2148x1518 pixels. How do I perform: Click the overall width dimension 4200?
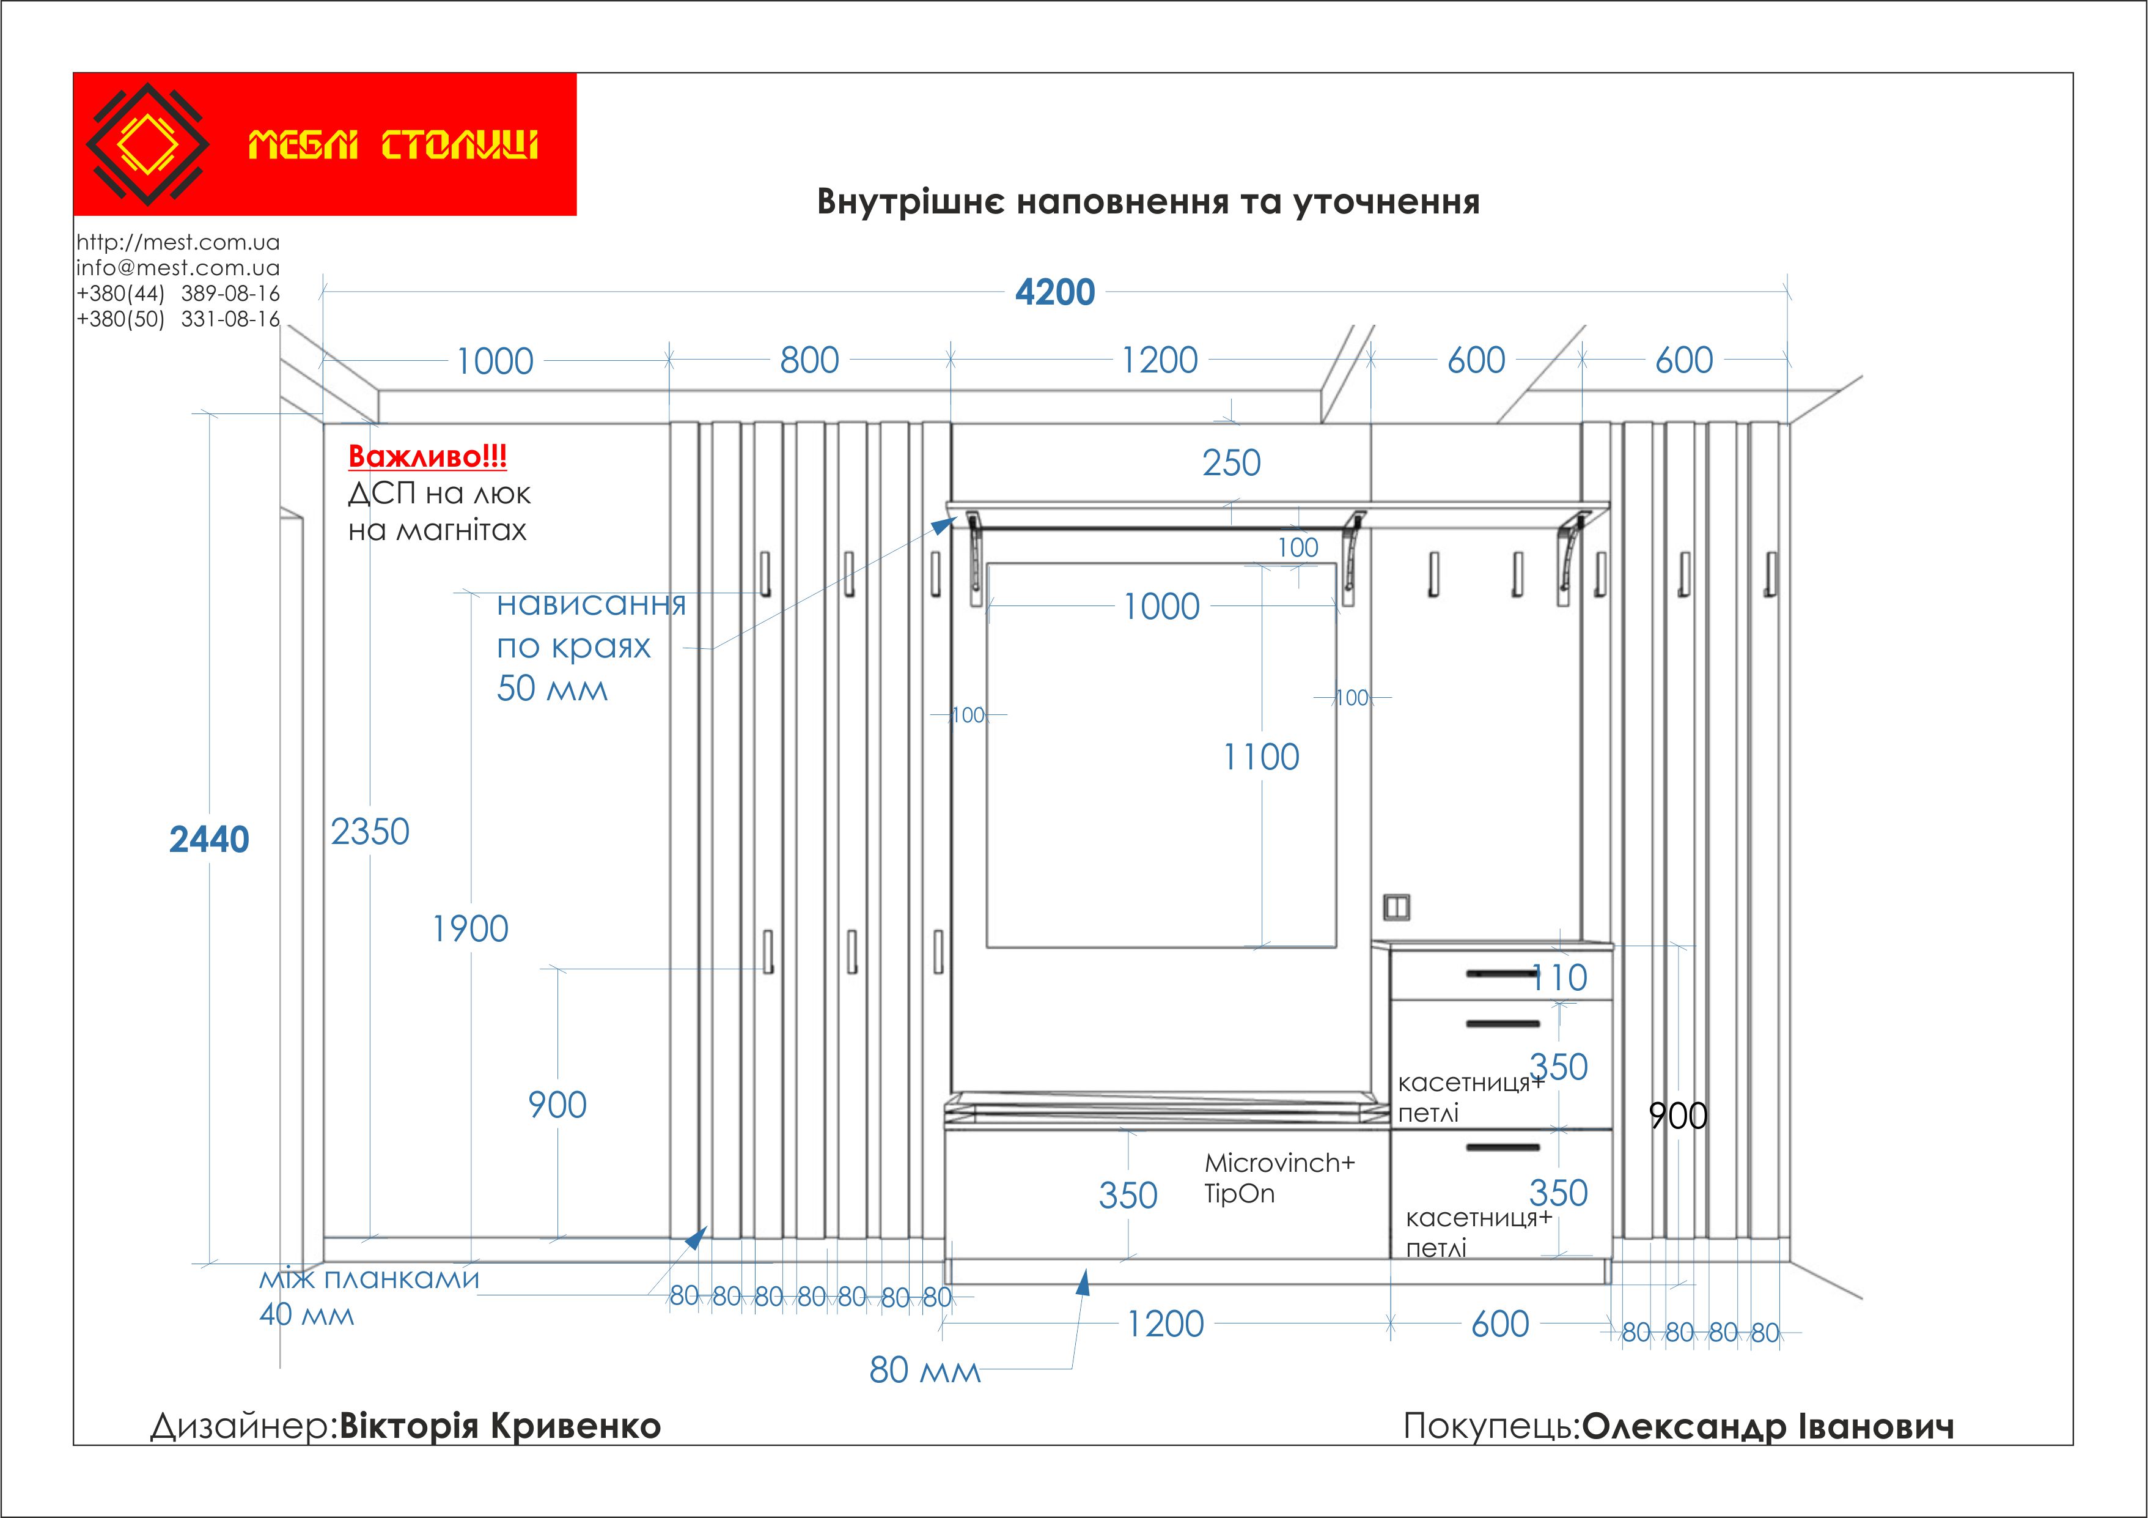(1054, 293)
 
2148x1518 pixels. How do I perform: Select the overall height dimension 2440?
(208, 840)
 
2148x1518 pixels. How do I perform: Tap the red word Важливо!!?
(427, 457)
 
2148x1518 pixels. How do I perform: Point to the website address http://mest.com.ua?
(178, 242)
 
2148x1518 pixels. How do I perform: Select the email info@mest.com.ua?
(178, 268)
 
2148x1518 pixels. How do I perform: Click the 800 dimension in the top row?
(809, 360)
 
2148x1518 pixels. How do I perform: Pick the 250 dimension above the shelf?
(1231, 463)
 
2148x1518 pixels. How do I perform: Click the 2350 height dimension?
(370, 832)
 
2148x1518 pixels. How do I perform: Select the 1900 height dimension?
(469, 929)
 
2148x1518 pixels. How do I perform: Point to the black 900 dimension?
(1677, 1116)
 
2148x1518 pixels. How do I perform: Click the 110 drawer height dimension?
(1559, 978)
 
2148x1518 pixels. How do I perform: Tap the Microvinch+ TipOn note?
(1278, 1177)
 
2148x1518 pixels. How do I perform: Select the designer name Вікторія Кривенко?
(499, 1426)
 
